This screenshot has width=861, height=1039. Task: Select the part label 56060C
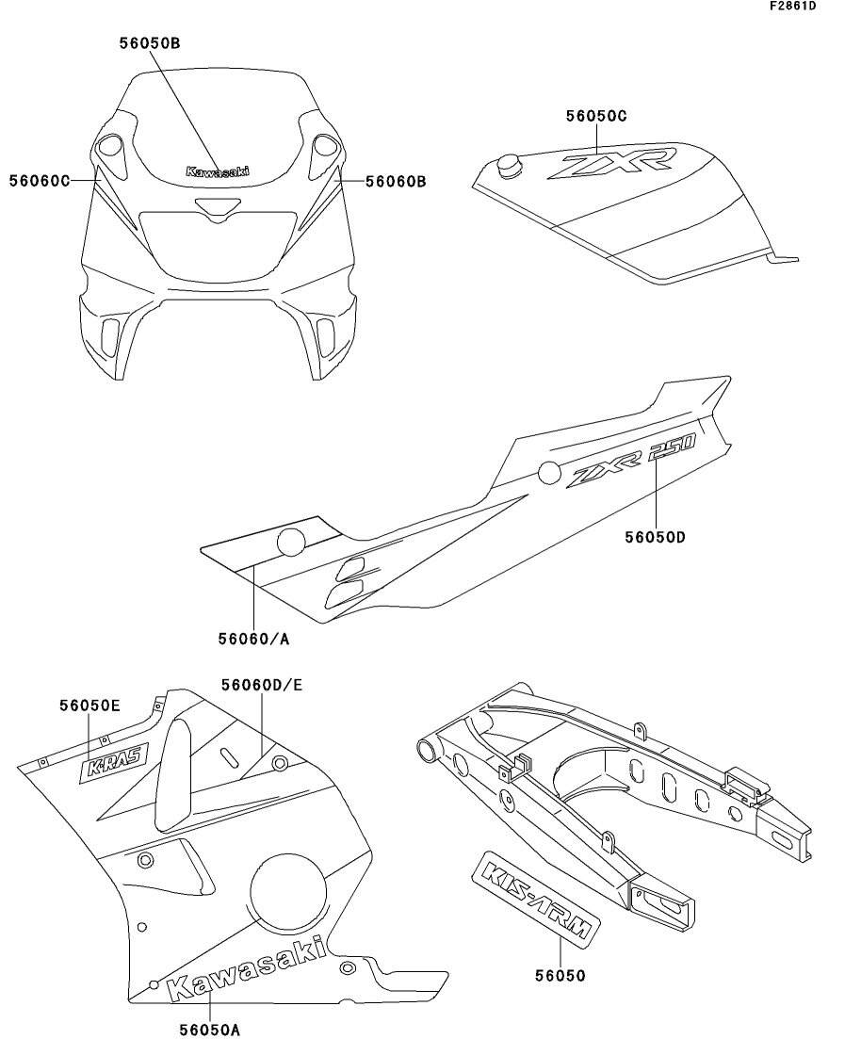tap(41, 180)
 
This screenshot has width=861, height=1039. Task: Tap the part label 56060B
tap(396, 181)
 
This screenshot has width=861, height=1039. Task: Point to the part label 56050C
tap(596, 116)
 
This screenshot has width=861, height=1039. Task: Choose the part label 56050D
tap(655, 538)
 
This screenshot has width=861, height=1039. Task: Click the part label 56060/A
tap(253, 639)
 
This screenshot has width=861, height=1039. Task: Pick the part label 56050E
tap(89, 706)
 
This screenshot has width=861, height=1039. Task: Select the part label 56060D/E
tap(262, 685)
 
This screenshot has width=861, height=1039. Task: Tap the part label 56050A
tap(209, 1030)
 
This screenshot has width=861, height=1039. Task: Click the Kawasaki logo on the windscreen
tap(218, 172)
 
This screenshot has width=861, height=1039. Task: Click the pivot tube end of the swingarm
tap(429, 751)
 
